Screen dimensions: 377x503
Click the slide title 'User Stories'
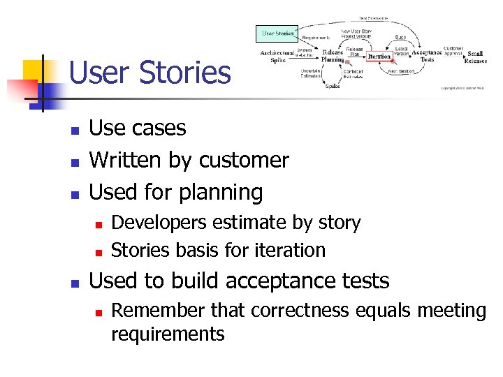150,73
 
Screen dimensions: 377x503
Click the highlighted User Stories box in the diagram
278,33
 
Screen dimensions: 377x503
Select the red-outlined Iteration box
379,57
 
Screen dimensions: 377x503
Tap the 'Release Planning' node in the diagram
333,56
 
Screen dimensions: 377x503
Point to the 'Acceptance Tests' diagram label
427,56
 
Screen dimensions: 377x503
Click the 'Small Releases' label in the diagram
475,57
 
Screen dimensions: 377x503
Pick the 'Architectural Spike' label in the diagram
278,56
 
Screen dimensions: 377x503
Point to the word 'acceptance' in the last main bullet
275,281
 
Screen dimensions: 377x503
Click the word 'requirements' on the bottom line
168,334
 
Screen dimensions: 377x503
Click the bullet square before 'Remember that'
99,311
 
